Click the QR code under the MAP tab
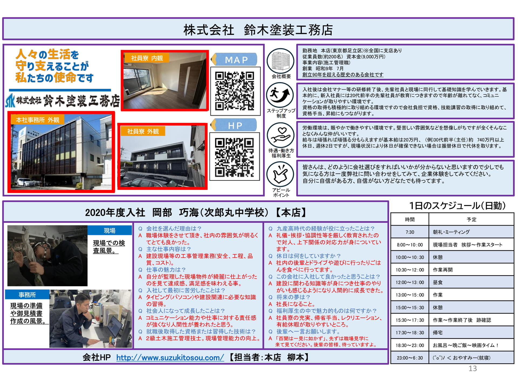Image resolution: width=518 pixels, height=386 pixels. (235, 91)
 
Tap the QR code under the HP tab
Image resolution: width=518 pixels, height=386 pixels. (234, 157)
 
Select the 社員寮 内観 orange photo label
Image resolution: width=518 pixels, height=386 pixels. (147, 58)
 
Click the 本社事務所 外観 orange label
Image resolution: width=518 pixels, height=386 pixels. (38, 120)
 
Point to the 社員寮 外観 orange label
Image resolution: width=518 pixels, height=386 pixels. (143, 131)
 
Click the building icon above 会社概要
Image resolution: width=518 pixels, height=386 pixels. (281, 61)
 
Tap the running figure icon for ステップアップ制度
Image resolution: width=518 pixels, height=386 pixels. (281, 95)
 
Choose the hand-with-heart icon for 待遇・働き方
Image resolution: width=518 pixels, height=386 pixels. (281, 135)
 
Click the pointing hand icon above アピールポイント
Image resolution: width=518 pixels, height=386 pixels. (281, 174)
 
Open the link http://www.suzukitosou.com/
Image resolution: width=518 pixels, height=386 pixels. (170, 358)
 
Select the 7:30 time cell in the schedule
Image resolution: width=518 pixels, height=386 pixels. (410, 232)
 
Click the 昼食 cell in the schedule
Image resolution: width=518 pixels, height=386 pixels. (471, 282)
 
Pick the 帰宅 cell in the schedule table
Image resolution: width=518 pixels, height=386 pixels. (471, 333)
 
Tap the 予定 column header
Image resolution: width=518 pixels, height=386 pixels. (471, 219)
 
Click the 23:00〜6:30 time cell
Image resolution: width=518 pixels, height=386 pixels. (410, 358)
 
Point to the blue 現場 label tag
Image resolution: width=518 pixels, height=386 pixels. (110, 230)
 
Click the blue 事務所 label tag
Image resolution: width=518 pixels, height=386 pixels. (27, 295)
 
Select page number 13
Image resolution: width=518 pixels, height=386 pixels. (473, 368)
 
